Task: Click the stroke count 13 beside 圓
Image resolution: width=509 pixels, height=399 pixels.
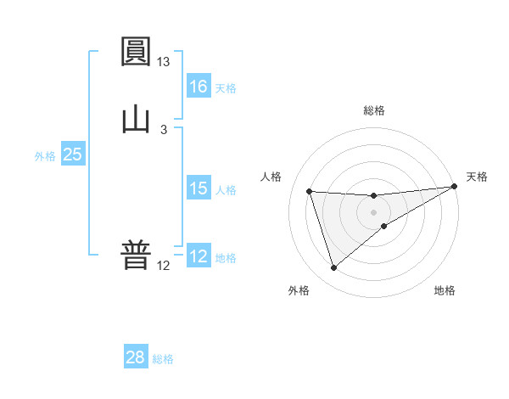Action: [x=164, y=62]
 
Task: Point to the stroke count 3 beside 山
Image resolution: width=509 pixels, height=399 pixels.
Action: [x=164, y=129]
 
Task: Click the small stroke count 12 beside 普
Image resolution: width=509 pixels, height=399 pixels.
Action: [x=164, y=266]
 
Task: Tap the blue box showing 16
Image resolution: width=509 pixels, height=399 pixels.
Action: [x=198, y=87]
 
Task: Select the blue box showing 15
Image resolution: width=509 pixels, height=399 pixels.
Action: [x=198, y=188]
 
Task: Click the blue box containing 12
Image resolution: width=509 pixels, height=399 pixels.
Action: [x=198, y=257]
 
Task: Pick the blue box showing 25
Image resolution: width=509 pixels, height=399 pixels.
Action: [x=72, y=155]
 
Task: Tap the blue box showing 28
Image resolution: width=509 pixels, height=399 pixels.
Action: [x=135, y=357]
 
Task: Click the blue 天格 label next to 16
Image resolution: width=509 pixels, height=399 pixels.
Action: [x=226, y=88]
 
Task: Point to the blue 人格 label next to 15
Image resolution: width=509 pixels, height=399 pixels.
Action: [x=226, y=190]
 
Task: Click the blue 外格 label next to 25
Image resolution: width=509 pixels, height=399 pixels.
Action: [x=45, y=156]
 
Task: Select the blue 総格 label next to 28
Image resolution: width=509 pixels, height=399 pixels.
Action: [x=163, y=359]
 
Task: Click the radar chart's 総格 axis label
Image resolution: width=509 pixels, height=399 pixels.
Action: [x=374, y=110]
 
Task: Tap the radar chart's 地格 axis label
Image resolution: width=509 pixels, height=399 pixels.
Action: [x=445, y=291]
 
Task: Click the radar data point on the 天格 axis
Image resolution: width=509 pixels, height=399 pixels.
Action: [x=455, y=187]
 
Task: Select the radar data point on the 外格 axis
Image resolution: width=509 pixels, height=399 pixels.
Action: [x=333, y=268]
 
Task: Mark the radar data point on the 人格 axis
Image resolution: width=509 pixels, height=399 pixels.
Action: [x=310, y=191]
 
